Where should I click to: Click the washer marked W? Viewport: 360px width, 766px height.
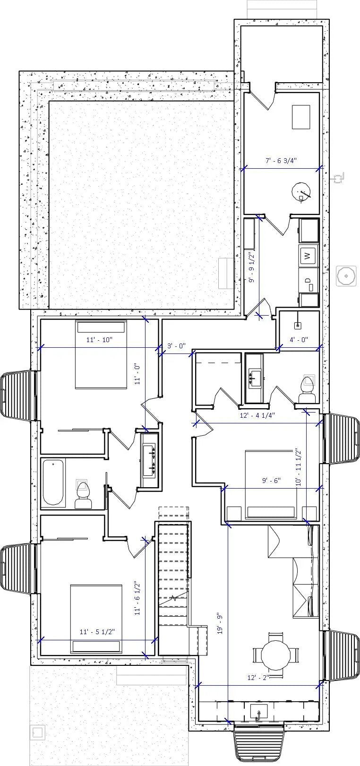tap(308, 256)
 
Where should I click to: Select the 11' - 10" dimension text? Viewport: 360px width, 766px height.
tap(99, 340)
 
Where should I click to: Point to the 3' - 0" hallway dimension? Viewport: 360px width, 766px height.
tap(177, 346)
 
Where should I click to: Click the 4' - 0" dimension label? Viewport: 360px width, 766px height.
tap(299, 339)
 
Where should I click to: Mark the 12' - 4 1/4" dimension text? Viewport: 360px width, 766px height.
tap(258, 415)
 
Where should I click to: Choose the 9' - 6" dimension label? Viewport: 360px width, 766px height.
tap(271, 480)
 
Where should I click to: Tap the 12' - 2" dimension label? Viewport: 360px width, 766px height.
tap(258, 677)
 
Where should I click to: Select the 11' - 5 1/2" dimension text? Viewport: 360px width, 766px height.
tap(97, 631)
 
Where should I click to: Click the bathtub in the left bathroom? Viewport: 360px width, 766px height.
tap(52, 483)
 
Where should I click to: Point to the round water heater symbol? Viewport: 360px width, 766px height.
tap(301, 191)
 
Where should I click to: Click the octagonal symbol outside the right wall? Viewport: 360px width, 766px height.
tap(346, 276)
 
